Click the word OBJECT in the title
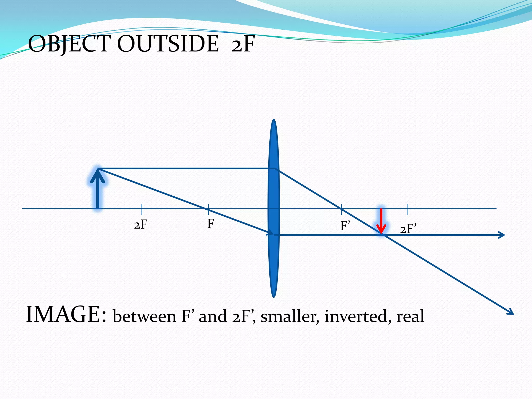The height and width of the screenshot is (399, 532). coord(69,44)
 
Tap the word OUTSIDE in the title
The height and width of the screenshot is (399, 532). coord(168,44)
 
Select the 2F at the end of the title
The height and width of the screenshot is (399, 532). coord(243,44)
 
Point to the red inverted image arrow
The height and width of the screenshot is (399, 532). coord(381,221)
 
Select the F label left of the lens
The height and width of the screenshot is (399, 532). coord(210,224)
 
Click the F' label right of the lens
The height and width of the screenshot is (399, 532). coord(345,226)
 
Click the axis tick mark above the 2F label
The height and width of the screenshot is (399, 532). coord(142,209)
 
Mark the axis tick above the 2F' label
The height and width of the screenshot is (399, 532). coord(408,209)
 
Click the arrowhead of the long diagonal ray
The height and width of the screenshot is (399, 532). coord(511,312)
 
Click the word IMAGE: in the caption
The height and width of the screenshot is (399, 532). coord(66,315)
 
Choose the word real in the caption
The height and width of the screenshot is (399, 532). coord(410,316)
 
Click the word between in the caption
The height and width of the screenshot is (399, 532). coord(144,316)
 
